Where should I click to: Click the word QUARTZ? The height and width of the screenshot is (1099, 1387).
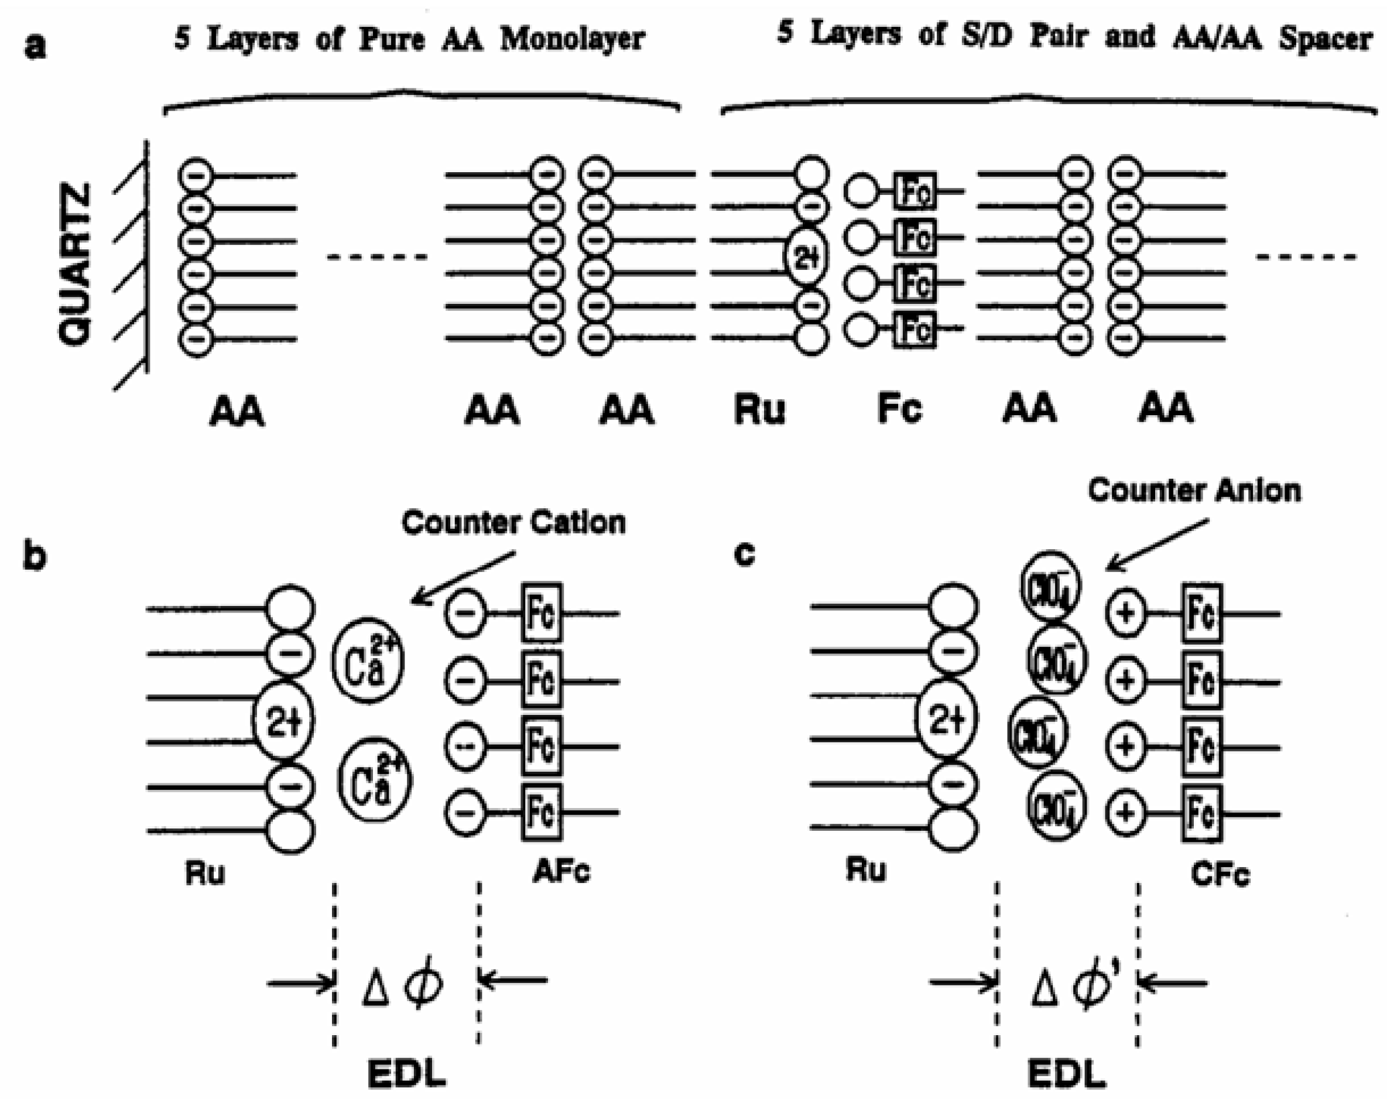76,264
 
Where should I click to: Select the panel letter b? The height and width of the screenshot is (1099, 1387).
35,554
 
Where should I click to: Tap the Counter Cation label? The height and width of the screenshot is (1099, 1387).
513,522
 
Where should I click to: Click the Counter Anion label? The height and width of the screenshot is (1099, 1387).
1194,491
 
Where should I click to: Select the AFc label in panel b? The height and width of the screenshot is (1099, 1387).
561,872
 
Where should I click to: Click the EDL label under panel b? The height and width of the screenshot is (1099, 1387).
406,1074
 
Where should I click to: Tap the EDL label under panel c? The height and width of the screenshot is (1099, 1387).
1067,1074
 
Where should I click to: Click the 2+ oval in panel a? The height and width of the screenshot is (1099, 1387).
806,258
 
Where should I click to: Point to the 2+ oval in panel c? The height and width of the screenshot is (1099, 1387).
946,720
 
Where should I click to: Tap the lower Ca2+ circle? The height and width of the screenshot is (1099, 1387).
374,780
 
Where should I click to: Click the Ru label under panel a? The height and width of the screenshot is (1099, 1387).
759,410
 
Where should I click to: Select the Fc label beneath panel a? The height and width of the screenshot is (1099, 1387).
899,409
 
